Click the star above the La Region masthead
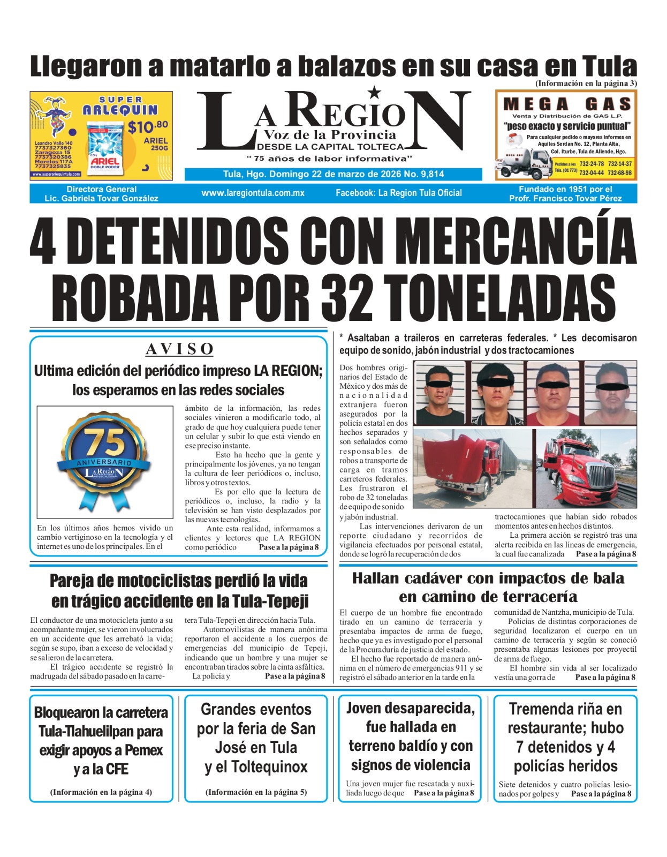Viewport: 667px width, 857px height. coord(375,93)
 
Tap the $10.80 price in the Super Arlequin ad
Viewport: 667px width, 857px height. coord(148,127)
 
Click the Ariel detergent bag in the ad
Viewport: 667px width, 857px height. coord(105,151)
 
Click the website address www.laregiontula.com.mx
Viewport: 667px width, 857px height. coord(253,193)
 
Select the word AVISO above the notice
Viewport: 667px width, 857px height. coord(179,349)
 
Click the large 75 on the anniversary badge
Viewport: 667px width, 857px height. coord(105,442)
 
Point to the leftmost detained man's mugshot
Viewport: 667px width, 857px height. coord(440,393)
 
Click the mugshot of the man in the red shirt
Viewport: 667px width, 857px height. coord(552,393)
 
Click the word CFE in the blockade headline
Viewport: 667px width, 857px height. coord(116,769)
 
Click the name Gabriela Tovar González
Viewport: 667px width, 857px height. coord(110,198)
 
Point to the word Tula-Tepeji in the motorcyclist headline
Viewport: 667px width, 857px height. coord(255,601)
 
